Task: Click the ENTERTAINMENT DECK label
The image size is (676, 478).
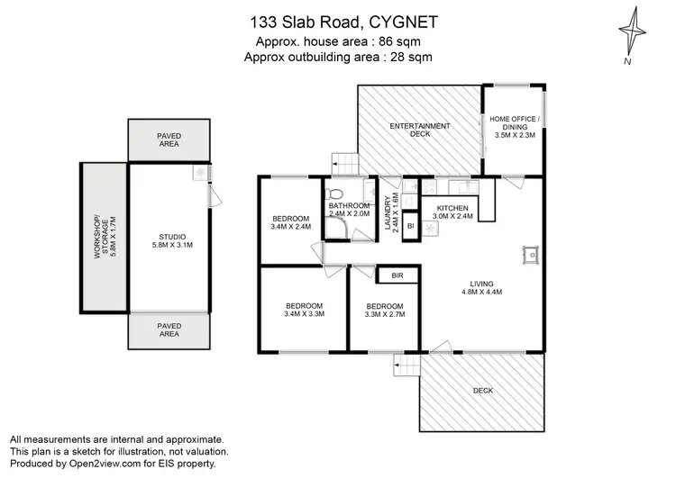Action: click(419, 130)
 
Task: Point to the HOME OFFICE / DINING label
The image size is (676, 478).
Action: click(514, 127)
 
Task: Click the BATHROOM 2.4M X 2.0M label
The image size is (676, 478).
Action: click(349, 211)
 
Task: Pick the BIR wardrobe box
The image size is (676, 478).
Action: click(397, 276)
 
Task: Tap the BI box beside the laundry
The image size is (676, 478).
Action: click(410, 225)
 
